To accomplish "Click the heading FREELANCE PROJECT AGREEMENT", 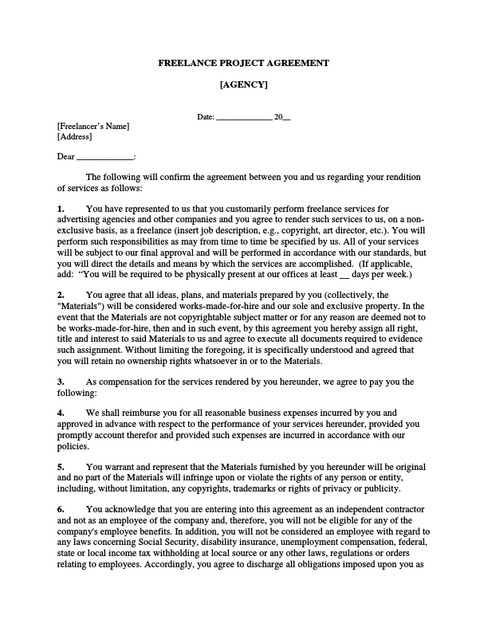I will point(243,63).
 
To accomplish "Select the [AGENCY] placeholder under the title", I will point(243,84).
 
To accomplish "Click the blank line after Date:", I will point(245,118).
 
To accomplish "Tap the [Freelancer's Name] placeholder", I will point(92,127).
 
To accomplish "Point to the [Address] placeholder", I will point(75,137).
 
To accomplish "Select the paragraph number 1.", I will point(61,209).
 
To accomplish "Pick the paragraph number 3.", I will point(61,382).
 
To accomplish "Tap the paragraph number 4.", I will point(61,413).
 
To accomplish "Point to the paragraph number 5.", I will point(61,466).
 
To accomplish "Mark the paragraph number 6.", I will point(61,508).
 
